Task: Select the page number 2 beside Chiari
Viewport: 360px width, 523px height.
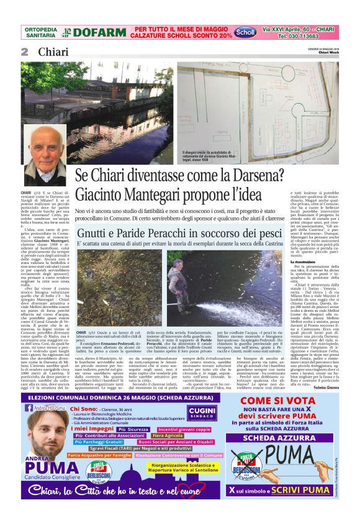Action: point(24,52)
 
